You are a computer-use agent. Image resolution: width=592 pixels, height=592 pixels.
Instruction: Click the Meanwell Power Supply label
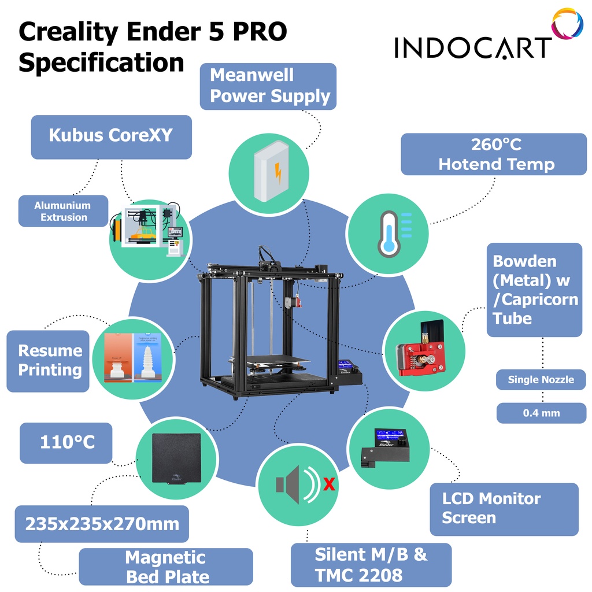[268, 86]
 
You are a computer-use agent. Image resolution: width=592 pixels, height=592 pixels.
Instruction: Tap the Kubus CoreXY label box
[111, 136]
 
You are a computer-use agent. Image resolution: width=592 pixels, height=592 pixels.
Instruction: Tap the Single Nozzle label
[541, 380]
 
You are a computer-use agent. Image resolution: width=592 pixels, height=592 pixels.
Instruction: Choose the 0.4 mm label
[541, 413]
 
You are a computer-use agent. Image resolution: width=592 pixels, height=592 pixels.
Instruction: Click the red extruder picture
[420, 355]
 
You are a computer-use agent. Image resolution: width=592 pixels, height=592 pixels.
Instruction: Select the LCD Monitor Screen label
[504, 509]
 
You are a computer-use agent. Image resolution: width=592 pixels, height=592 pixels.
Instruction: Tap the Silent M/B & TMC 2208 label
[371, 565]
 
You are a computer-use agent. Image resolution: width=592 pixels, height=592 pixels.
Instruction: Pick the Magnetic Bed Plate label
[166, 567]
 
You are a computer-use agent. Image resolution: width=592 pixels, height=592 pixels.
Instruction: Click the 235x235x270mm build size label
[102, 524]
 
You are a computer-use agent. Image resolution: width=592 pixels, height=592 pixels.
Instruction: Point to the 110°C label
[66, 443]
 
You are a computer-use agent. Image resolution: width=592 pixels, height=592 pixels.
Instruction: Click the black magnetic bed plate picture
[176, 458]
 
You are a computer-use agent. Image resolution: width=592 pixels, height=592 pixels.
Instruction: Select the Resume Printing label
[49, 360]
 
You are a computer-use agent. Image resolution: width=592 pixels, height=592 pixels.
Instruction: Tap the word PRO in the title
[260, 32]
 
